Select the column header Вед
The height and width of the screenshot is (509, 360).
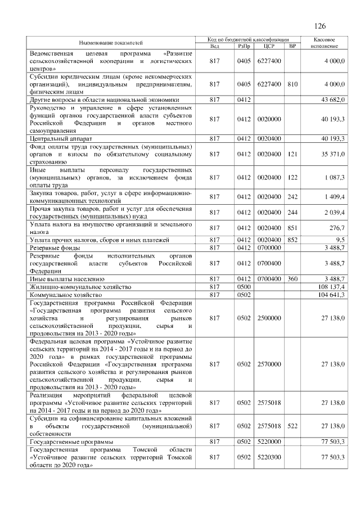[214, 46]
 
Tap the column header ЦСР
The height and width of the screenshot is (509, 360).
[268, 46]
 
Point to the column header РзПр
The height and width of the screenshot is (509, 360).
[243, 46]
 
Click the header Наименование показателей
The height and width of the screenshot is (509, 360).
[111, 43]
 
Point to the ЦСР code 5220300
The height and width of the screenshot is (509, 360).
[268, 458]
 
